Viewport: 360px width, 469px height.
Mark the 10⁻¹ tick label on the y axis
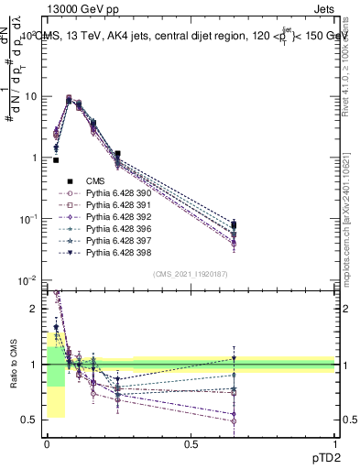[x=27, y=218]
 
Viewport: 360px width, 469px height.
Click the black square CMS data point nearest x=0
[x=56, y=160]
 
